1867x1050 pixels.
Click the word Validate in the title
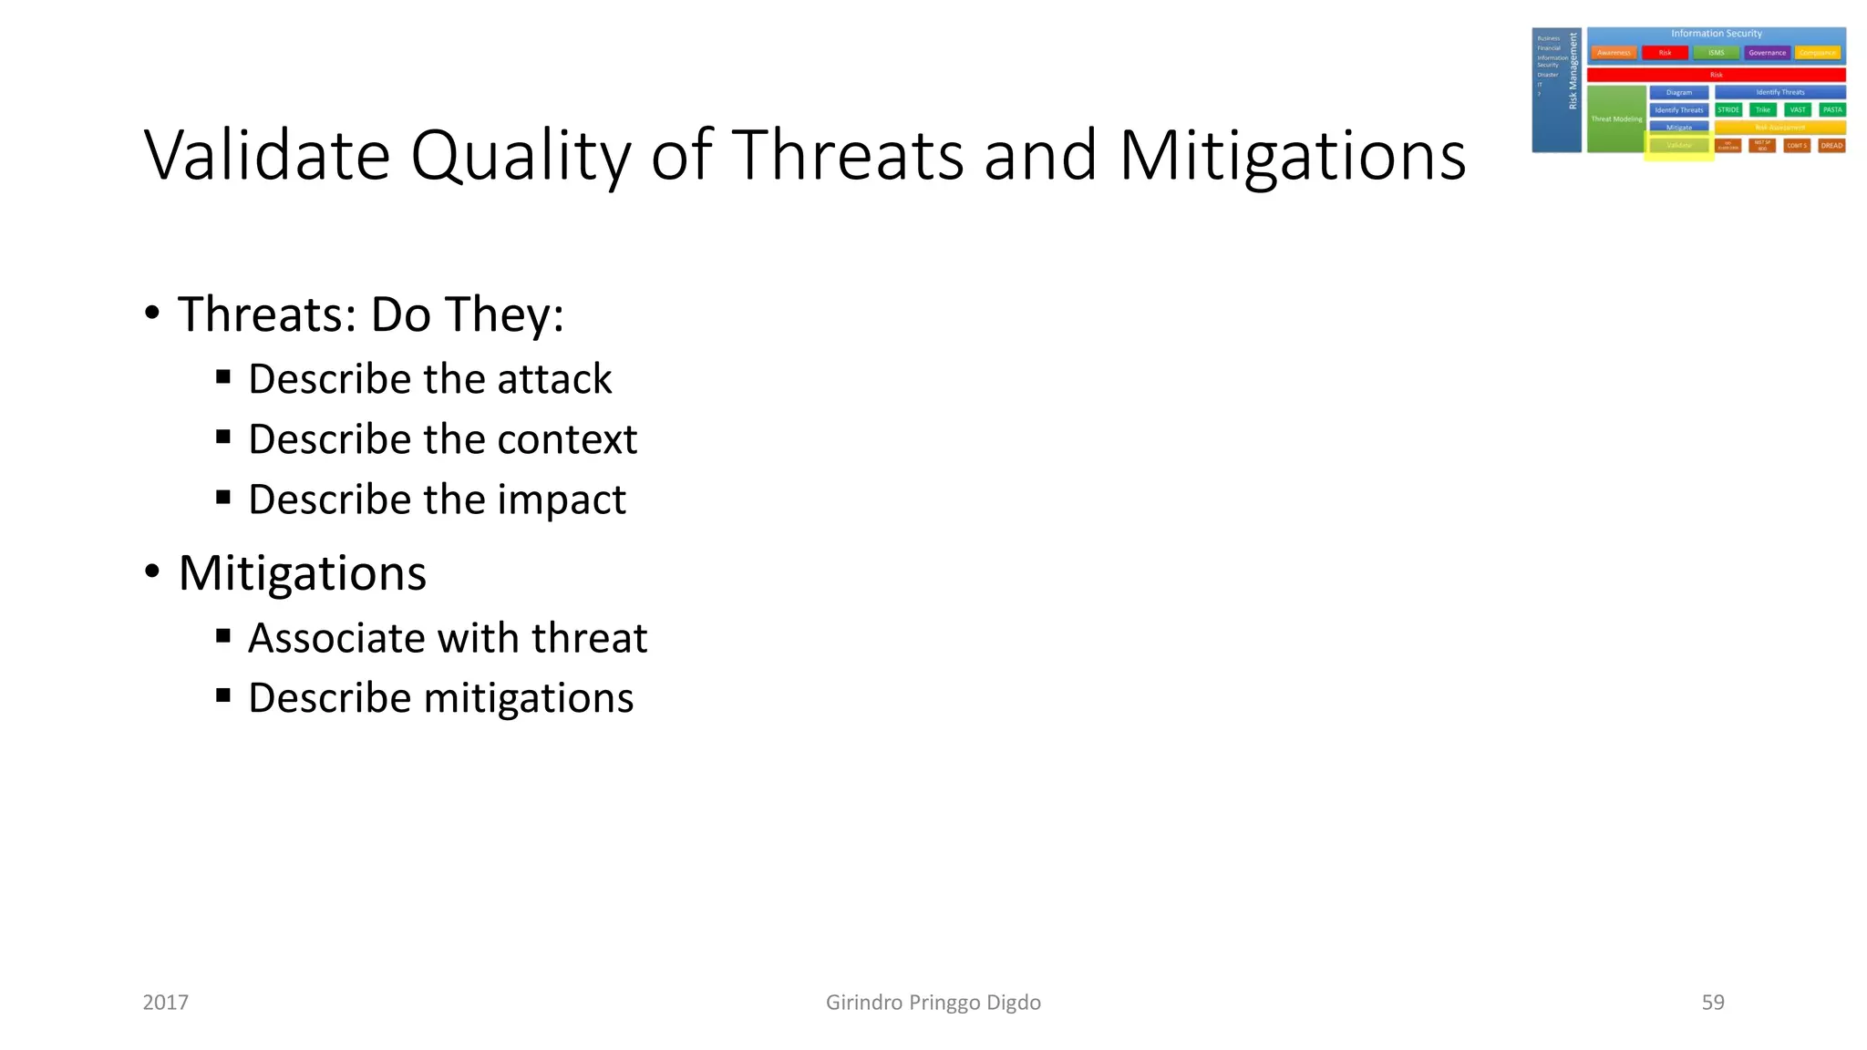coord(267,155)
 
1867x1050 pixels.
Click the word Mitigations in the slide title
coord(1292,155)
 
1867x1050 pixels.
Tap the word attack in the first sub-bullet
coord(554,379)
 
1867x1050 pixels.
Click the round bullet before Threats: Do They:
coord(152,314)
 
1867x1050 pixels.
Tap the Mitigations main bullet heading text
coord(302,573)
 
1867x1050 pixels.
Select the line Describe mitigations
coord(440,698)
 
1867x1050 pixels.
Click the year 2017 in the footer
coord(165,1003)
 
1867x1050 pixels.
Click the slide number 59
coord(1712,1003)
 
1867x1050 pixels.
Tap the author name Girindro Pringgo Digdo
coord(933,1003)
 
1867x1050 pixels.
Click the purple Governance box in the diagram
coord(1767,53)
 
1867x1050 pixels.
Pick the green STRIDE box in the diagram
coord(1728,109)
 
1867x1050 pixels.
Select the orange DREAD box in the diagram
coord(1831,145)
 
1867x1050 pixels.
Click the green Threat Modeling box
coord(1616,119)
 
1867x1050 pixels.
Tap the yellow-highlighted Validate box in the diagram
coord(1678,146)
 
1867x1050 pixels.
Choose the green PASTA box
coord(1832,109)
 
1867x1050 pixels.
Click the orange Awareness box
coord(1614,53)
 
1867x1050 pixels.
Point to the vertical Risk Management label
coord(1573,71)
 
